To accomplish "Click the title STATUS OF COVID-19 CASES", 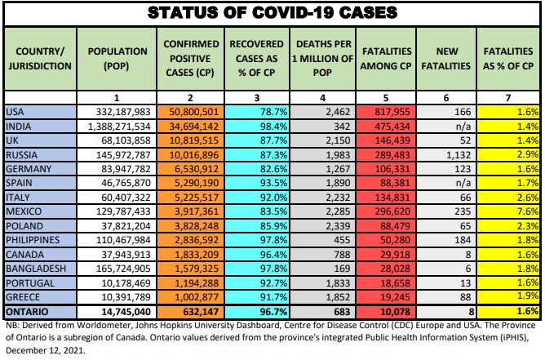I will pyautogui.click(x=272, y=13).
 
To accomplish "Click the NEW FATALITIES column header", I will pyautogui.click(x=446, y=57).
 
